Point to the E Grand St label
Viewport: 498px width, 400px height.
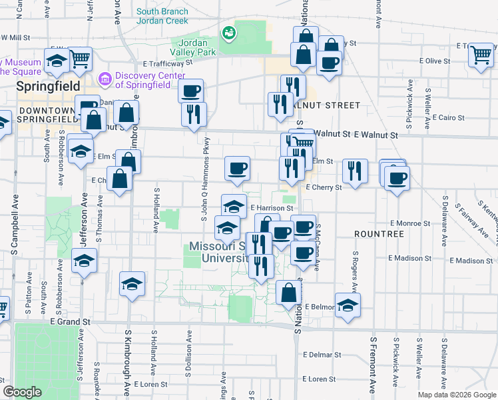coord(70,321)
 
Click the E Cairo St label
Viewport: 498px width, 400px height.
coord(449,117)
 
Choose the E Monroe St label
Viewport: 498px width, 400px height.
coord(411,223)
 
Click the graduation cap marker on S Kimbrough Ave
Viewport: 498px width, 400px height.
coord(132,285)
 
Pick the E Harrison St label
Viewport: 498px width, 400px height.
coord(272,208)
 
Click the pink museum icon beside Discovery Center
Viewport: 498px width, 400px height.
coord(105,79)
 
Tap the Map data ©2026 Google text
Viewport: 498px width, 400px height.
coord(456,395)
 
